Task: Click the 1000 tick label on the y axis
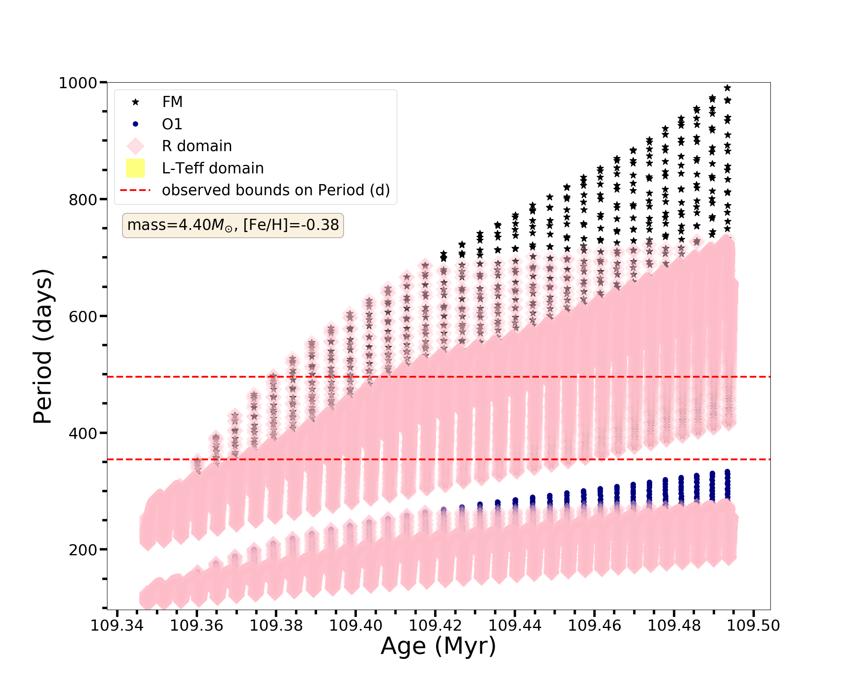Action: tap(78, 83)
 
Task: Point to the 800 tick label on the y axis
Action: tap(83, 200)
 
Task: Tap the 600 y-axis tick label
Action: tap(83, 317)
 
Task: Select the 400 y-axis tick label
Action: tap(83, 433)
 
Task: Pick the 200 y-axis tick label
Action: tap(83, 550)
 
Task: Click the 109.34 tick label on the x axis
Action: tap(117, 625)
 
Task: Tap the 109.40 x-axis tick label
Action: tap(356, 625)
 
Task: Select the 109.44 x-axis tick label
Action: tap(515, 625)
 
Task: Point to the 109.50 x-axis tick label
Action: tap(754, 625)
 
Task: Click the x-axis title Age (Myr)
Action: tap(438, 646)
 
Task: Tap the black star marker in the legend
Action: tap(135, 102)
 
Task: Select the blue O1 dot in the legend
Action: tap(135, 124)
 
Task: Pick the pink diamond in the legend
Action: tap(135, 146)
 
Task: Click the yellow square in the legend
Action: tap(135, 168)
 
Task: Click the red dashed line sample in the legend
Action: tap(135, 190)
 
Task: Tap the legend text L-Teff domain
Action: tap(213, 168)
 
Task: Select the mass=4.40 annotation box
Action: tap(233, 225)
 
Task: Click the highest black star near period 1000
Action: tap(727, 88)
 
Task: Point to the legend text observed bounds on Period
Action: tap(276, 190)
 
